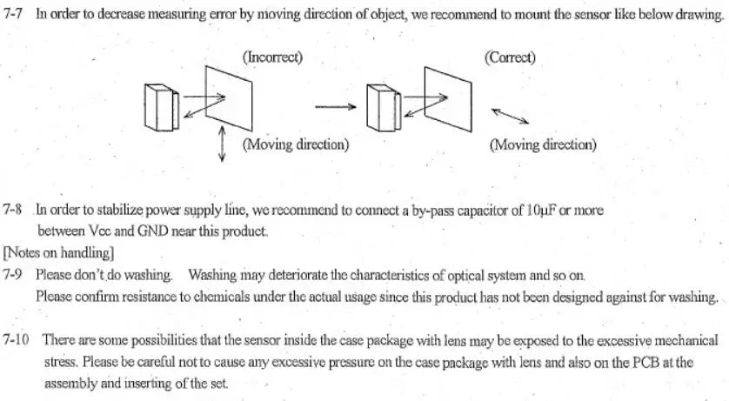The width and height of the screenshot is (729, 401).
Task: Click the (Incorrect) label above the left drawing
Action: click(272, 57)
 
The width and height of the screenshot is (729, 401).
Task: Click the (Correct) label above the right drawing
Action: click(510, 57)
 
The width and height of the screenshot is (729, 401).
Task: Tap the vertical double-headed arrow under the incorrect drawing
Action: click(222, 144)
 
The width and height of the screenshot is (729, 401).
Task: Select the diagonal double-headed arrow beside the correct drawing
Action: click(510, 117)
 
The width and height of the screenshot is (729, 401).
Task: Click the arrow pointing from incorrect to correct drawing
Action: click(336, 107)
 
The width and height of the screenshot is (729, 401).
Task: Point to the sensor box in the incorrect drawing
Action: click(161, 107)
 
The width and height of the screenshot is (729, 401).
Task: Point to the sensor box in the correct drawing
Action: click(384, 107)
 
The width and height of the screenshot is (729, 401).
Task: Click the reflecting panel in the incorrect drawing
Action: click(229, 98)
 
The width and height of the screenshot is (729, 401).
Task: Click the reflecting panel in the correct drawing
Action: click(448, 99)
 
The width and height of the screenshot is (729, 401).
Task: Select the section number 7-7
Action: click(12, 13)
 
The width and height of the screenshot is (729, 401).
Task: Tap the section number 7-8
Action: click(12, 210)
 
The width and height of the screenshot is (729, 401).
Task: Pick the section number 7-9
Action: click(12, 275)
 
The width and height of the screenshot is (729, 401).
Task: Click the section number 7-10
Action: click(16, 339)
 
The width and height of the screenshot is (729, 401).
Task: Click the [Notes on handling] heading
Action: click(58, 253)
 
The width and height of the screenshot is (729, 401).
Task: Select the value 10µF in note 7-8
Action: click(541, 211)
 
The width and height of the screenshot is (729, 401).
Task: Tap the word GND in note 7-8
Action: click(152, 231)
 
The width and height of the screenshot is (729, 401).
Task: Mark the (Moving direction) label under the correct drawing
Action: click(543, 145)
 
